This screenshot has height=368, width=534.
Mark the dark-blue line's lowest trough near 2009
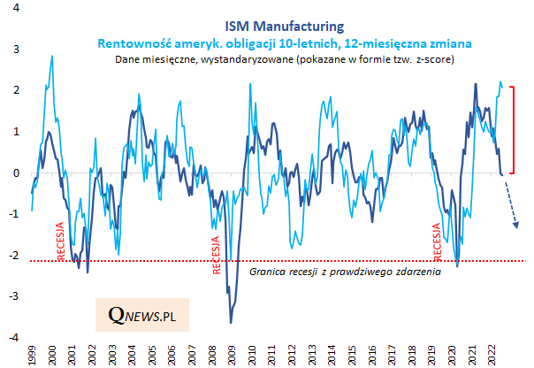pos(232,323)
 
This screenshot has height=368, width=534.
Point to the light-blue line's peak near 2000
pos(52,57)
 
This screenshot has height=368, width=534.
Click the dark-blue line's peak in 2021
pos(476,85)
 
